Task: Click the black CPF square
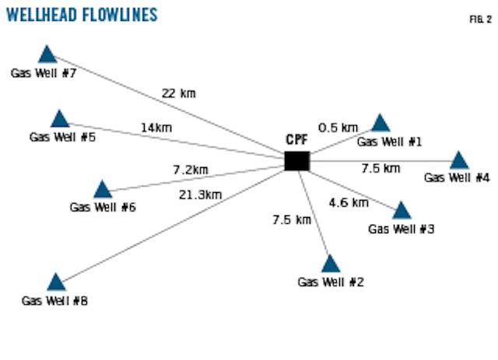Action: coord(296,161)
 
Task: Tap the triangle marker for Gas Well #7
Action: coord(47,54)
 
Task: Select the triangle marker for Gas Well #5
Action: coord(60,119)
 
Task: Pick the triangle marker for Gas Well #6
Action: coord(102,190)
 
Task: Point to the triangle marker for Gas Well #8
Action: coord(56,282)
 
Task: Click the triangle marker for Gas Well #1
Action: coord(381,124)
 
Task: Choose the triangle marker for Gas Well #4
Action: coord(459,161)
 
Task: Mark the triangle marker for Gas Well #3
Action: coord(402,211)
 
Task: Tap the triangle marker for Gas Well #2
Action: coord(331,264)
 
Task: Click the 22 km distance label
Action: coord(178,93)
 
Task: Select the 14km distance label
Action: coord(156,128)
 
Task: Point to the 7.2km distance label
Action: coord(191,169)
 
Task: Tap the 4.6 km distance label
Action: coord(348,203)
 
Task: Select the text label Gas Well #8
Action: coord(54,301)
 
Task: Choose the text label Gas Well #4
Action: coord(457,178)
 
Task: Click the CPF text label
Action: coord(296,140)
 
